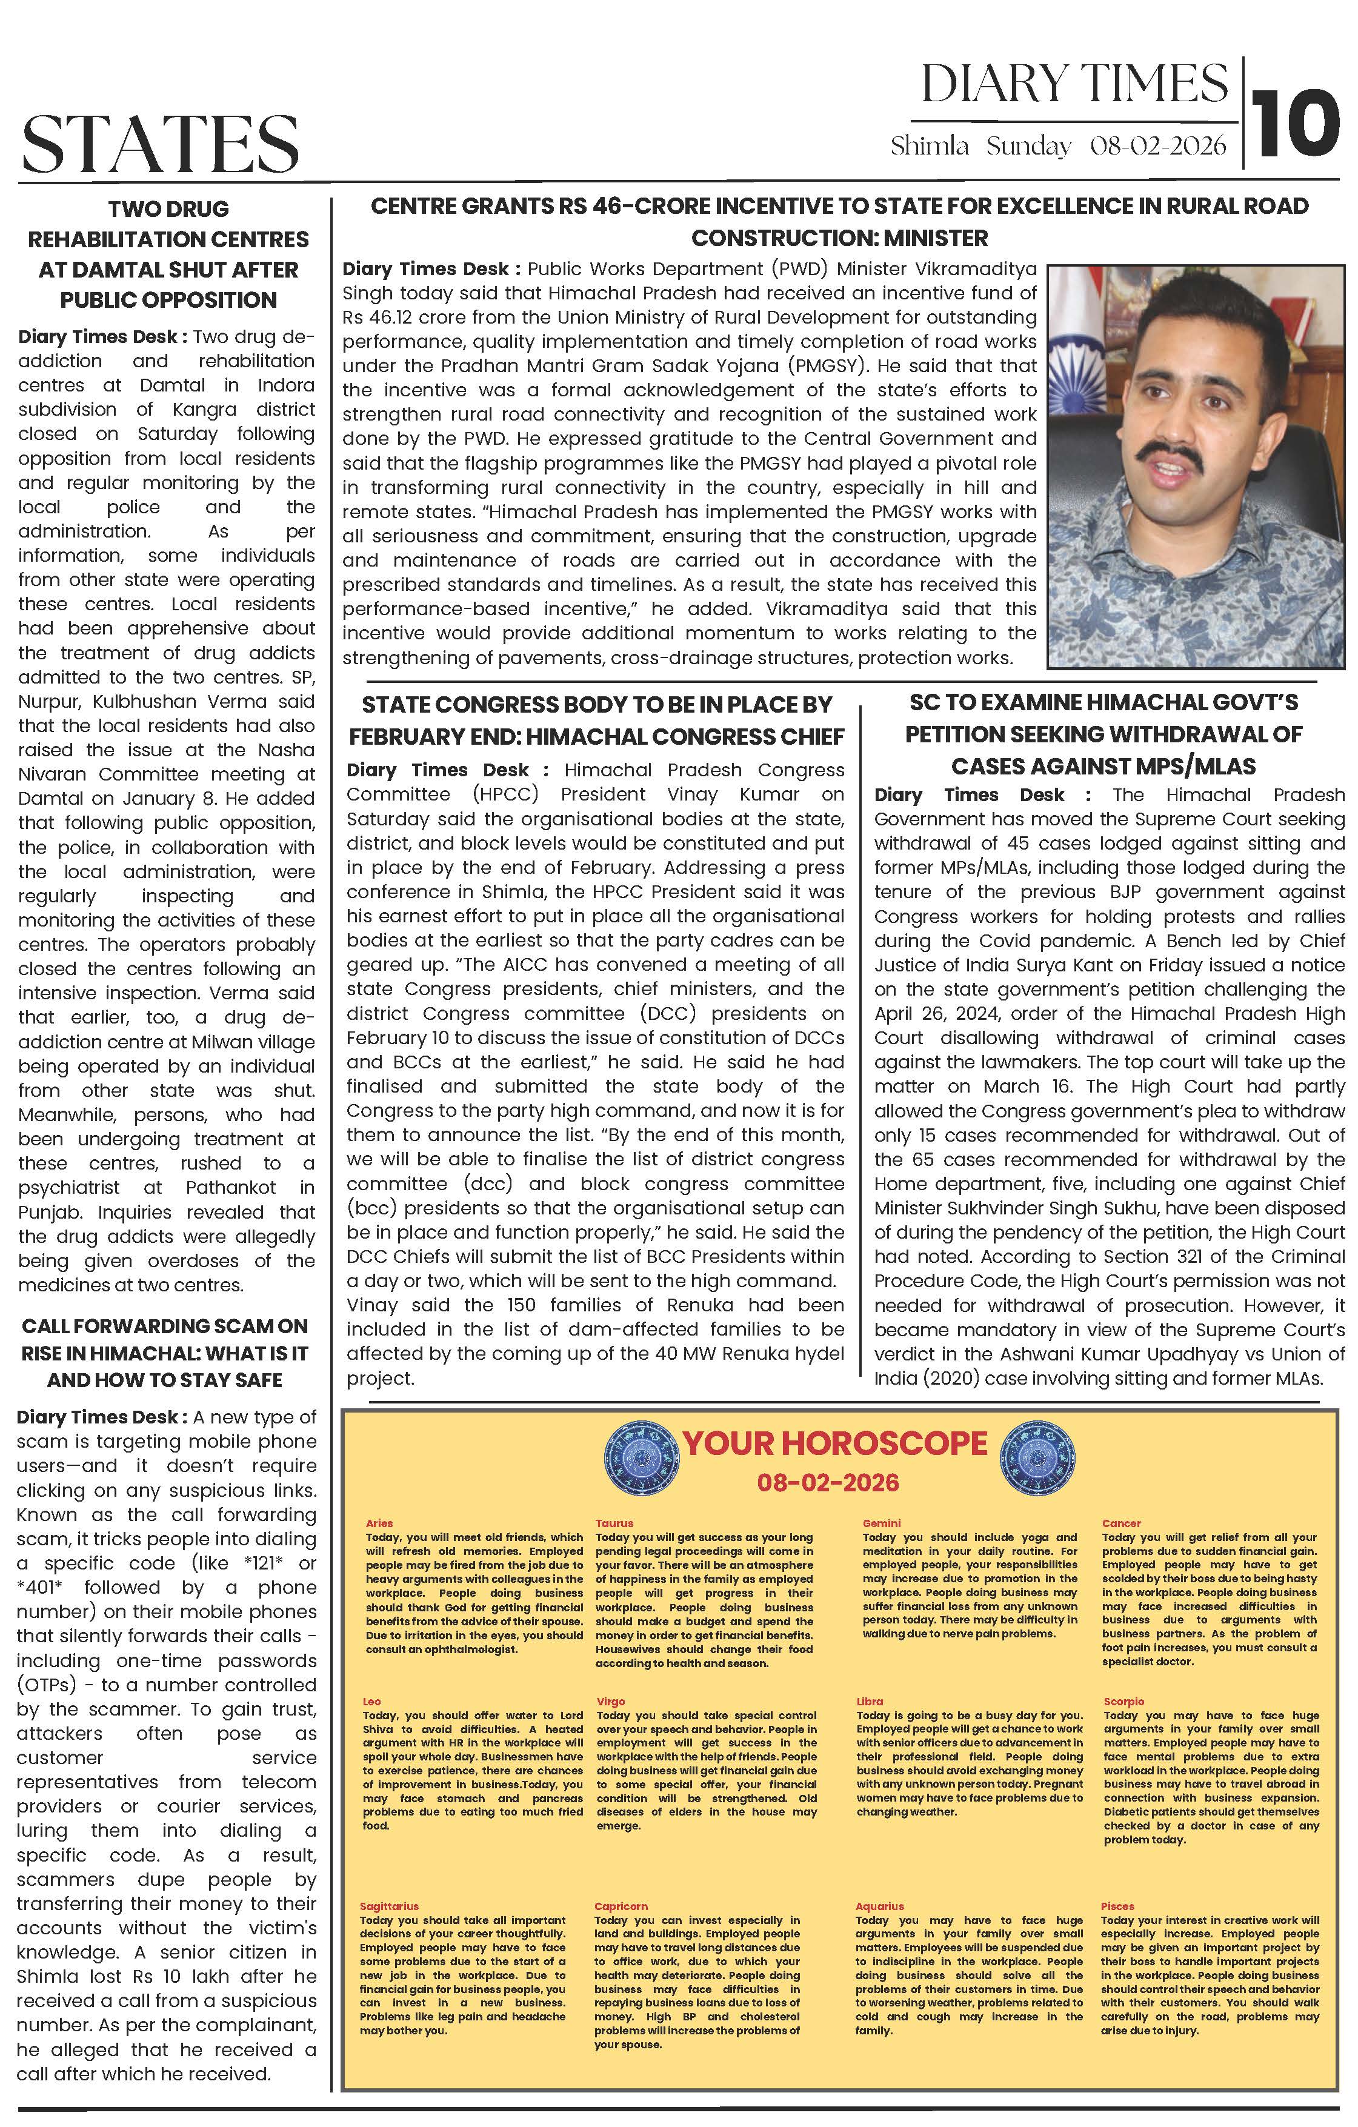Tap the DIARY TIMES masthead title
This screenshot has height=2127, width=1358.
coord(1074,84)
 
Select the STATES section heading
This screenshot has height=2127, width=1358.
coord(160,143)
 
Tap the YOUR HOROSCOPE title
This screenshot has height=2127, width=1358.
coord(834,1467)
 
